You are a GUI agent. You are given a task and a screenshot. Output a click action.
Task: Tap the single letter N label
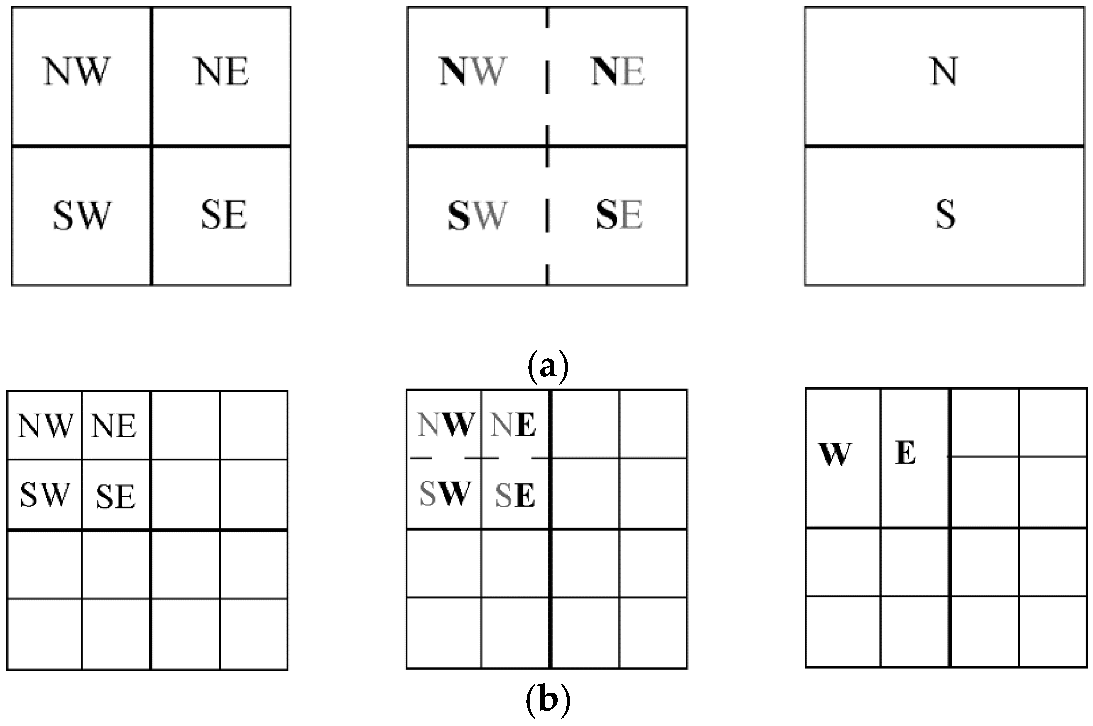944,72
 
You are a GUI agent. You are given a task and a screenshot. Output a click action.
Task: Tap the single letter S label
946,215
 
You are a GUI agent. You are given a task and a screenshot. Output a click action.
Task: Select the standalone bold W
835,454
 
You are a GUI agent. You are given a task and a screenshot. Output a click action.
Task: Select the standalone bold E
905,454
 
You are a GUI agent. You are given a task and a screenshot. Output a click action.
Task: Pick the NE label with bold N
618,71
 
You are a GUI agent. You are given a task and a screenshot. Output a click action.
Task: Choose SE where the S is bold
619,215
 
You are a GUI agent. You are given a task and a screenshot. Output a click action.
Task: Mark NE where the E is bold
513,425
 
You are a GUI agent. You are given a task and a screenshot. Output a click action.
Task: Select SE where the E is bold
515,495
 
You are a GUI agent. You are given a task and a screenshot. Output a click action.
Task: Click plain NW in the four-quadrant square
75,71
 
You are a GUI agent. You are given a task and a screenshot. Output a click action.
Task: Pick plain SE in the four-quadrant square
223,215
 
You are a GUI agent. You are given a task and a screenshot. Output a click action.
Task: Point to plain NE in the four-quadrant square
222,72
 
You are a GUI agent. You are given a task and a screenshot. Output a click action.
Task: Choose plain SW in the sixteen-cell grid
44,495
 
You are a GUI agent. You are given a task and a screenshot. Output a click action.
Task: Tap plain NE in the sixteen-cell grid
114,426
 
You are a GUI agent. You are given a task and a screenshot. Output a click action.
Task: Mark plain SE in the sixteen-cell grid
115,496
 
